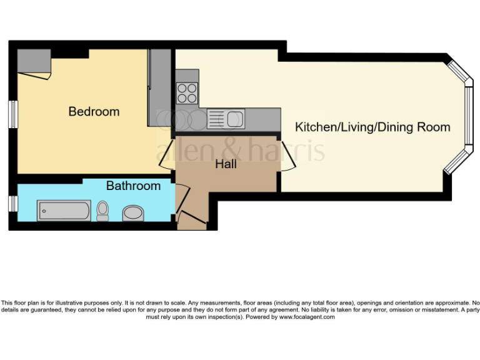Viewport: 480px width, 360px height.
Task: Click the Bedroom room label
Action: [x=94, y=112]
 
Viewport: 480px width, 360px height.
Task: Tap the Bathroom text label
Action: [x=133, y=186]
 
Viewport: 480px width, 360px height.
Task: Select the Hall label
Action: [x=226, y=164]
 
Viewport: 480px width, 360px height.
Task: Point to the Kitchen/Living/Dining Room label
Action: [x=372, y=127]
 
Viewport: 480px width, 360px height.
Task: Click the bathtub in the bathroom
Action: [x=64, y=211]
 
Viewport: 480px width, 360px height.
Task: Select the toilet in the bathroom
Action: [x=102, y=211]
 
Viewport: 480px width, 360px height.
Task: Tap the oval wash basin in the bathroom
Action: [x=132, y=214]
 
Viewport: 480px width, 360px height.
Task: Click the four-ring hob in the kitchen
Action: [x=187, y=93]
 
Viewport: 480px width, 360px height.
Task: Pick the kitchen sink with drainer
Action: [x=226, y=118]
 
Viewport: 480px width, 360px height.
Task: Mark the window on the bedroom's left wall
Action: [x=12, y=114]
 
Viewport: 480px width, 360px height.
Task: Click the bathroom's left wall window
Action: [x=12, y=204]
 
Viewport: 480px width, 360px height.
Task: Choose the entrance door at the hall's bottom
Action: [x=191, y=219]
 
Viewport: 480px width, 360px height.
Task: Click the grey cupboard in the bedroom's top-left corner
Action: [x=33, y=61]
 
